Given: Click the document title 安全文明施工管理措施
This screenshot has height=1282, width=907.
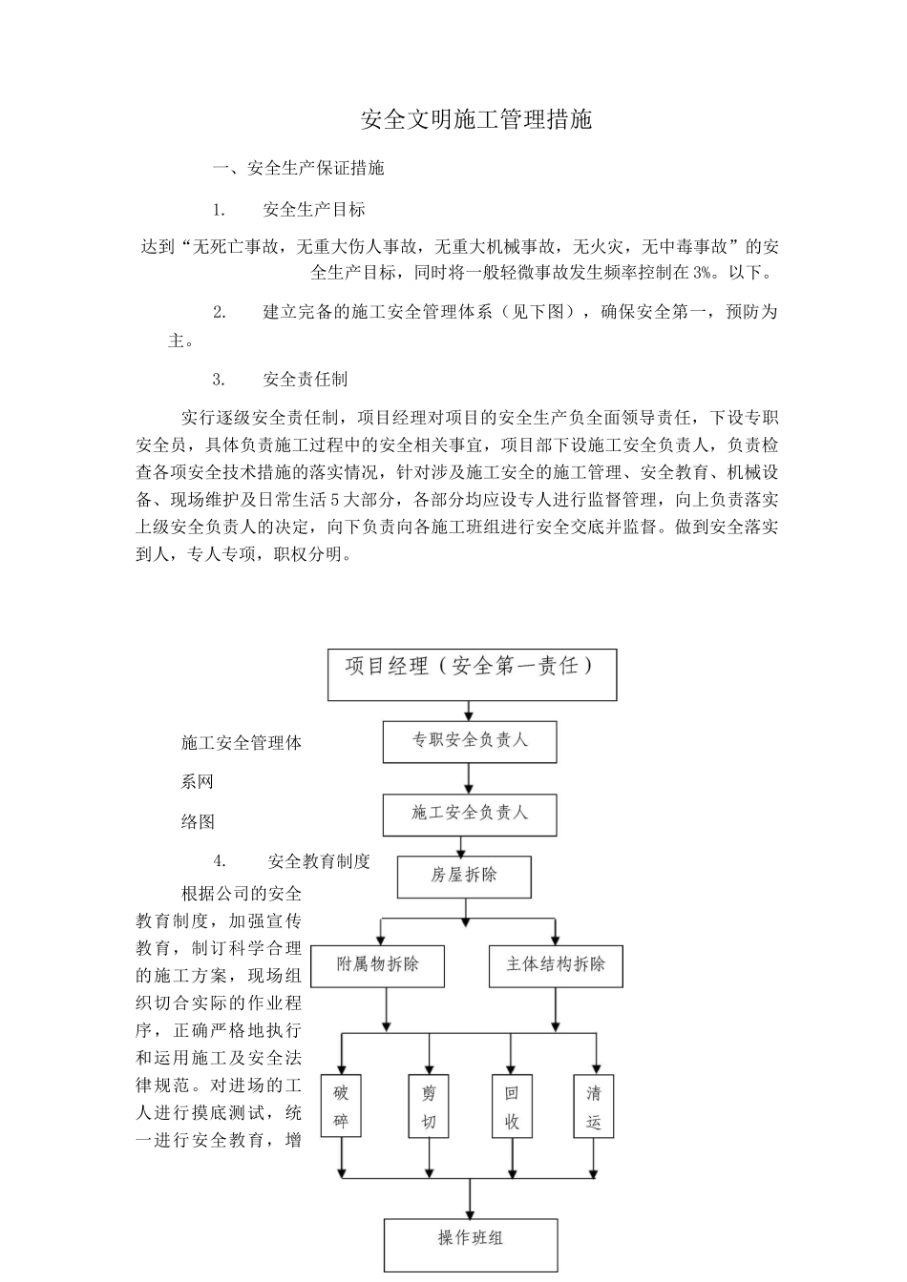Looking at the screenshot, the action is (476, 119).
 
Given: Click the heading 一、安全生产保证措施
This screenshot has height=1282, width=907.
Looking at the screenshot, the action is (299, 168).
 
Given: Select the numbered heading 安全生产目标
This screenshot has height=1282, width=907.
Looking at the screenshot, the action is (313, 209).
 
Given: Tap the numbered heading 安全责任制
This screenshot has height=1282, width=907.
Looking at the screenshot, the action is (305, 379).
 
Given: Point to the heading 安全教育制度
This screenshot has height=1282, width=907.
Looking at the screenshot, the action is (319, 861).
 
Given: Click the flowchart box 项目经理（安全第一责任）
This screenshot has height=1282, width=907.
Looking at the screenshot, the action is (472, 674).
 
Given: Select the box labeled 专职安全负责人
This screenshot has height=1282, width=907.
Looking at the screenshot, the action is (469, 741).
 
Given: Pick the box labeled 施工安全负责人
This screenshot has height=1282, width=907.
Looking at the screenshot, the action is (469, 815).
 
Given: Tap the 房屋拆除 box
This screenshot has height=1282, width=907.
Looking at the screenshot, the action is (464, 876).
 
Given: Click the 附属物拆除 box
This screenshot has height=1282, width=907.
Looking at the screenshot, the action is (378, 964).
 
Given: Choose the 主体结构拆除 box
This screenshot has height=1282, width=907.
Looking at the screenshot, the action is (556, 964).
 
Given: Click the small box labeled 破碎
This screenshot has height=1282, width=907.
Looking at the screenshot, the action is (341, 1106).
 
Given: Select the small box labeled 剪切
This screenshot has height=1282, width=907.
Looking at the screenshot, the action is (428, 1106).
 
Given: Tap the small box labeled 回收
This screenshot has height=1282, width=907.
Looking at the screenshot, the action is (512, 1106).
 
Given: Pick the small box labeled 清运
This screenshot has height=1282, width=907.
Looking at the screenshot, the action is (594, 1106).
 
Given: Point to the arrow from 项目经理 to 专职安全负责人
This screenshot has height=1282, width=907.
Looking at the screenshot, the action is (468, 711).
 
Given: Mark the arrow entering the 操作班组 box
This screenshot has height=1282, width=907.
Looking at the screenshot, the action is (471, 1200).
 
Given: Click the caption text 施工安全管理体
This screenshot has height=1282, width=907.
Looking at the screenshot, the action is (242, 742).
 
